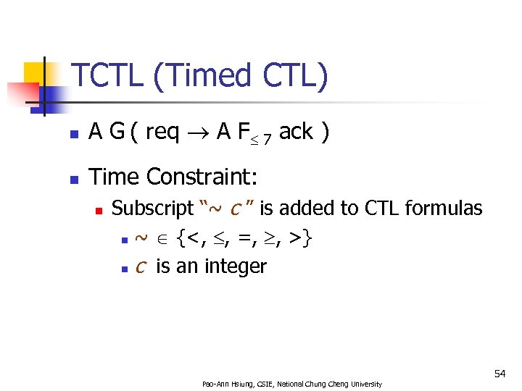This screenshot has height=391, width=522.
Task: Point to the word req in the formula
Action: click(x=163, y=132)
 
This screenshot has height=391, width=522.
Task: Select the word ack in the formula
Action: click(x=296, y=132)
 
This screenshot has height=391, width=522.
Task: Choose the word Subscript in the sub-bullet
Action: click(x=152, y=209)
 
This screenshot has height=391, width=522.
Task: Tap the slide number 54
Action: click(x=500, y=374)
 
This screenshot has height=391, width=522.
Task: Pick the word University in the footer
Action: click(x=367, y=383)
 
